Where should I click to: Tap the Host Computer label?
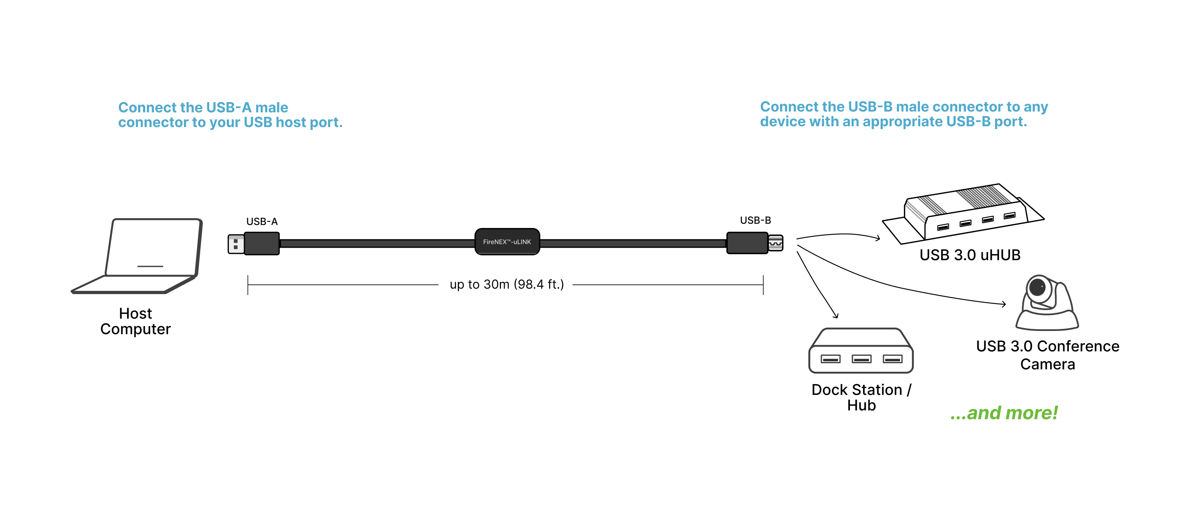coord(135,321)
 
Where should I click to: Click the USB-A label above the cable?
coord(262,222)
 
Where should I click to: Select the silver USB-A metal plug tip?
coord(235,244)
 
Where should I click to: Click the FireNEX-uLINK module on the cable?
coord(507,241)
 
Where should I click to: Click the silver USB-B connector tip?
coord(776,243)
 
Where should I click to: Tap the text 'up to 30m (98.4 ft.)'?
coord(506,284)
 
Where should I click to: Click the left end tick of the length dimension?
coord(248,285)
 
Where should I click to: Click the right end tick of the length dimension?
coord(763,285)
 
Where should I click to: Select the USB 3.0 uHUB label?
coord(970,255)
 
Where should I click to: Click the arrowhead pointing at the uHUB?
coord(878,238)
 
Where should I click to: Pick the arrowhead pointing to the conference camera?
coord(1004,304)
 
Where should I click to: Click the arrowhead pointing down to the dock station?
coord(836,315)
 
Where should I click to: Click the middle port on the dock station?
coord(861,359)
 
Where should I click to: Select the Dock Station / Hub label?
coord(861,397)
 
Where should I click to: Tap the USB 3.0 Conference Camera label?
coord(1047,355)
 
